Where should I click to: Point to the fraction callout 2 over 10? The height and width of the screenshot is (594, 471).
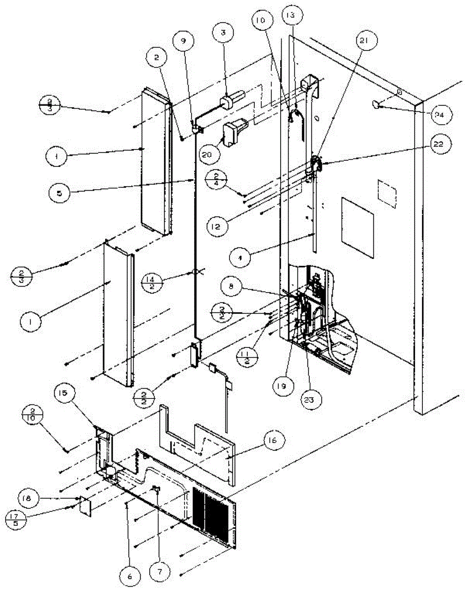(x=33, y=426)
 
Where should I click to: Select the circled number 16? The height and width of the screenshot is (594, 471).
(x=274, y=440)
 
